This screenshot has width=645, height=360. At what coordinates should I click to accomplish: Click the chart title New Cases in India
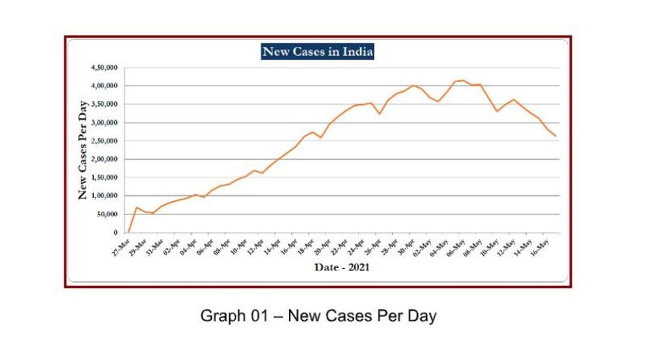pos(317,51)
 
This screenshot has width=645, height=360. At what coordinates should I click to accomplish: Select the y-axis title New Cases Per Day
pos(83,150)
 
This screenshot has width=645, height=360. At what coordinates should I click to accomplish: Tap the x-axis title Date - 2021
pos(342,267)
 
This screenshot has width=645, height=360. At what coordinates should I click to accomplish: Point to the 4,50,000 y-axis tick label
pos(105,68)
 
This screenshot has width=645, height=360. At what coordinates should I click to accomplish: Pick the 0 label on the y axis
pos(115,233)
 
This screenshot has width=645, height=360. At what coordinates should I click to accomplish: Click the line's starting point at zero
pos(128,232)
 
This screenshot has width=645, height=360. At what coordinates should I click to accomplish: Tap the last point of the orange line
pos(556,136)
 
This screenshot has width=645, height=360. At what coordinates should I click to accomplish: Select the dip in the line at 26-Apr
pos(379,113)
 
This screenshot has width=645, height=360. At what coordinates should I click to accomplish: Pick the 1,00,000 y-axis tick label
pos(105,196)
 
